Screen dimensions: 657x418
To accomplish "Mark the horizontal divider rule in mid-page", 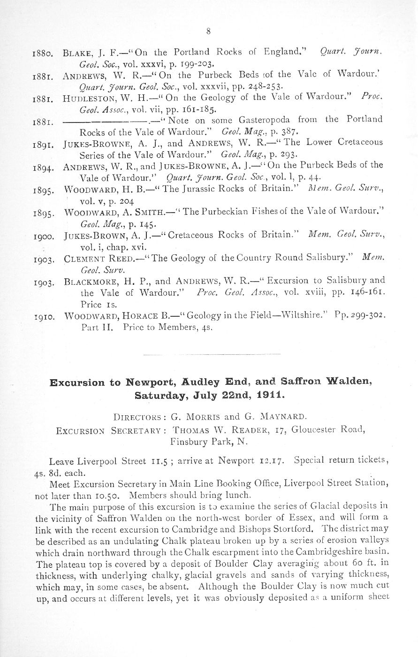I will [210, 354].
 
